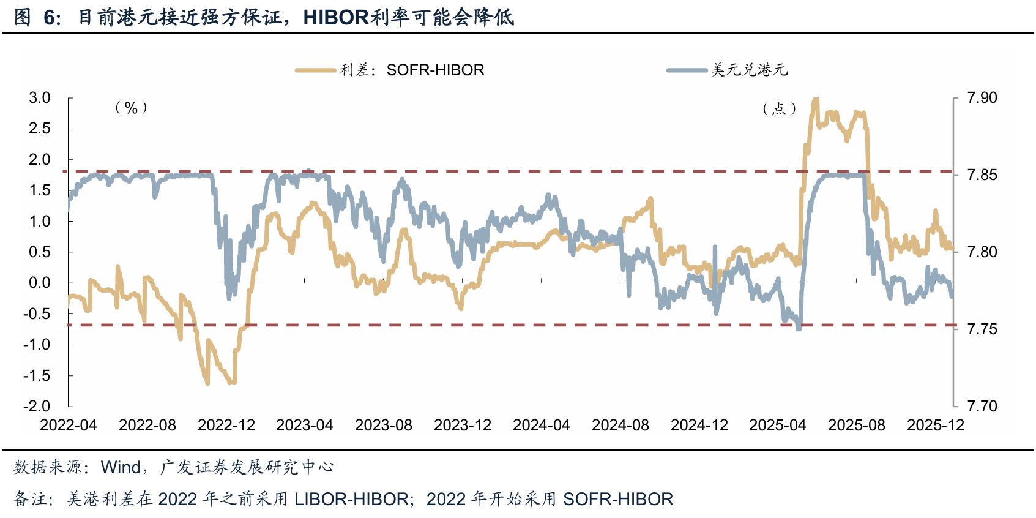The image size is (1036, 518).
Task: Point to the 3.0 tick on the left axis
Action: point(40,98)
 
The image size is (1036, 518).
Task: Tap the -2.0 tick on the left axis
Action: point(38,406)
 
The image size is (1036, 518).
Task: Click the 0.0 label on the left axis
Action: point(40,283)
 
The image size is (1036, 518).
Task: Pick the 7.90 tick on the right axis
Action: point(982,98)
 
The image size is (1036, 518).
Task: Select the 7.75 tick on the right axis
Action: point(982,329)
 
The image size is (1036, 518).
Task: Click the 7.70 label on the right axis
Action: point(982,406)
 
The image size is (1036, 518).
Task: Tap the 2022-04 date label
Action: point(69,426)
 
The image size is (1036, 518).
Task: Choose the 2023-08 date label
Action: point(384,426)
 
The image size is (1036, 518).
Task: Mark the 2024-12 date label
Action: point(699,426)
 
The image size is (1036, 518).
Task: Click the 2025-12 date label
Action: point(935,426)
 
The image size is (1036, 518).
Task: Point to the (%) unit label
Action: point(131,108)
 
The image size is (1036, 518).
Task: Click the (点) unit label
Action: point(779,109)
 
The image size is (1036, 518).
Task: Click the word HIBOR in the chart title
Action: point(337,17)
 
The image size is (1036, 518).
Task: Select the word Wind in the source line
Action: point(121,467)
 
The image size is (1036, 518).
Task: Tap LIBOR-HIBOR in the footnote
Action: point(352,500)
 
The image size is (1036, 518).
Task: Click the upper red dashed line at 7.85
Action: point(490,172)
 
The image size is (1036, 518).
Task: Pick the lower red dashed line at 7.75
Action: point(490,325)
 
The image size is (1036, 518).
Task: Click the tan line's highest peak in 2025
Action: point(814,100)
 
